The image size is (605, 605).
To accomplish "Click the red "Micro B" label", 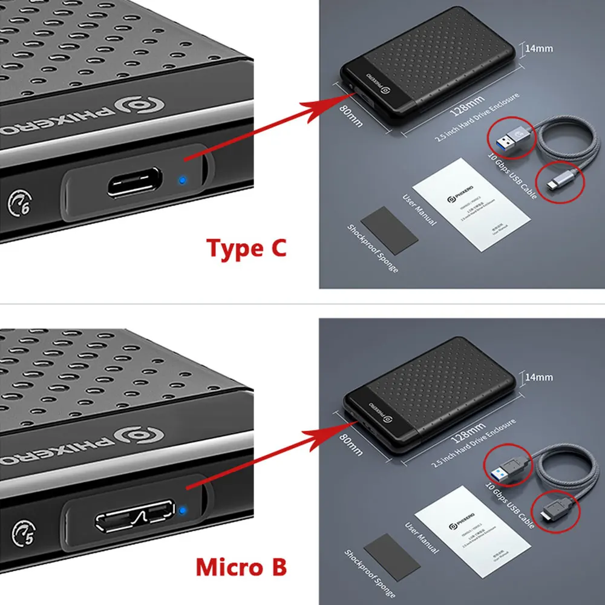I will (241, 567).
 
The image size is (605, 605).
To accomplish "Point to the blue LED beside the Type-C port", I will (181, 180).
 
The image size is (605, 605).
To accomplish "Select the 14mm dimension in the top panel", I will (538, 49).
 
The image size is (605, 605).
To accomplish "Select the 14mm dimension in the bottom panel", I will (538, 377).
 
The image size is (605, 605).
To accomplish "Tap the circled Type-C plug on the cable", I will (561, 181).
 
